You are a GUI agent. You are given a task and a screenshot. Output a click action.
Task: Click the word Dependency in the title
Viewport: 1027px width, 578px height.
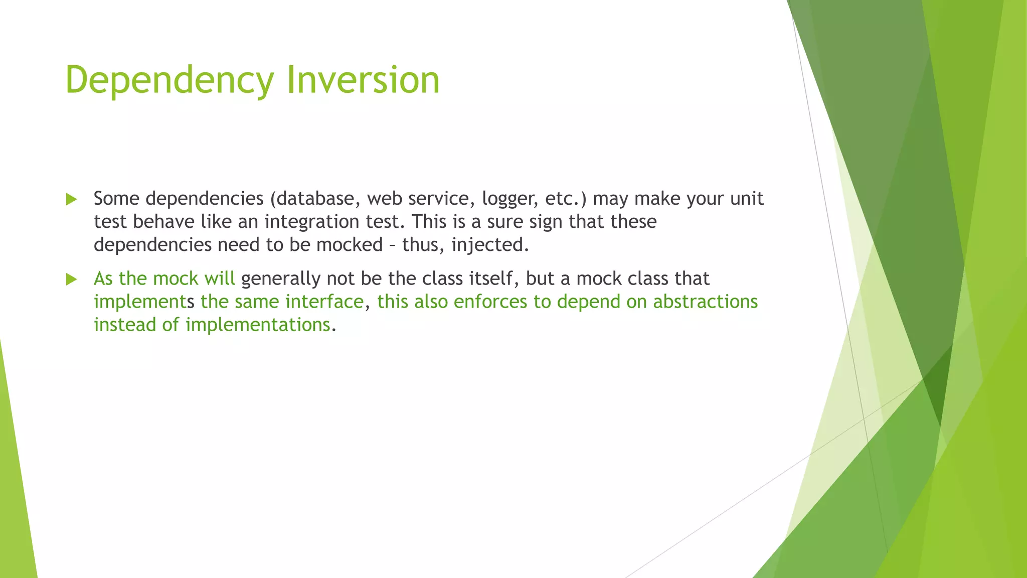169,80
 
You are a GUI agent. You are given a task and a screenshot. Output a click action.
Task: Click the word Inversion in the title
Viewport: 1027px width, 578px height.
363,80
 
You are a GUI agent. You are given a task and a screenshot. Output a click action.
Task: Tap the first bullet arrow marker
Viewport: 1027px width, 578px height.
71,199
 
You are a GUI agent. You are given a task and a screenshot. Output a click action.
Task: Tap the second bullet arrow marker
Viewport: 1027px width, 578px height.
71,279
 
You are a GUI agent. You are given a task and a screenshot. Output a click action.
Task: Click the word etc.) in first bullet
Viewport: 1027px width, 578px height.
566,199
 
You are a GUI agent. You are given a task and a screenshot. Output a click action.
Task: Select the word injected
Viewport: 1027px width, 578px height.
490,245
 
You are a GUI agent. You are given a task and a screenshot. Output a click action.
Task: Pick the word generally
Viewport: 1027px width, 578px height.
280,278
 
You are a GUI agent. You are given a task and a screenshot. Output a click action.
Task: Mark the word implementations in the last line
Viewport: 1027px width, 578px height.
258,325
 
